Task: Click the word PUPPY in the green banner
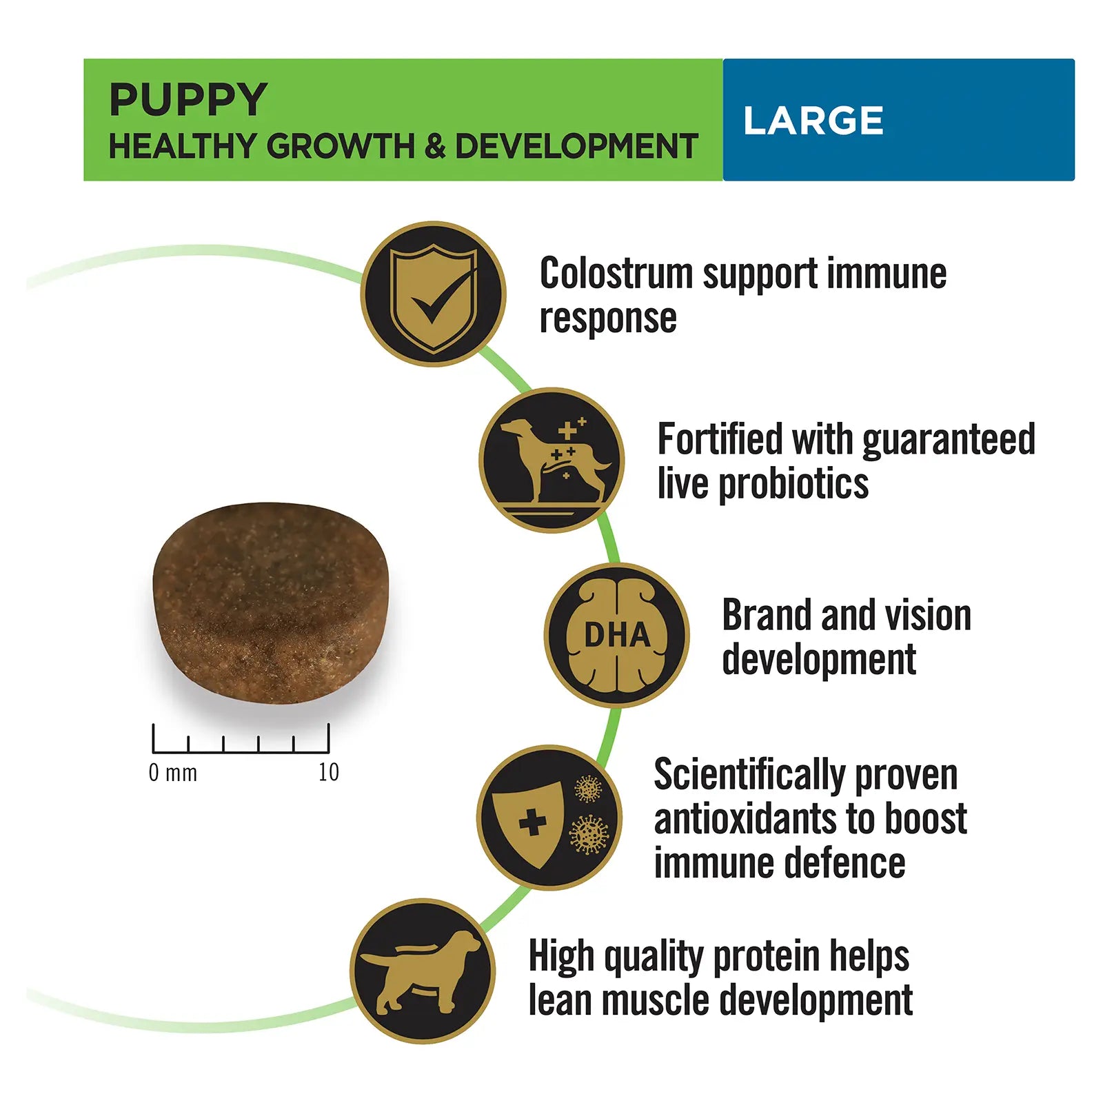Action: point(188,100)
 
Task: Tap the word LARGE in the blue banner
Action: point(813,121)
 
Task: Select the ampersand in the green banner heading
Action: point(435,146)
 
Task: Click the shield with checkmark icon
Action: point(433,294)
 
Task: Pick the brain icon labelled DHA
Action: point(616,635)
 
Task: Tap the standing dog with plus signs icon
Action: point(551,460)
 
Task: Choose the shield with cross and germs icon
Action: point(549,818)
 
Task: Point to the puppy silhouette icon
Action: point(422,971)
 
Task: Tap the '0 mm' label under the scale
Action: point(173,773)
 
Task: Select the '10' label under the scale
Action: point(328,773)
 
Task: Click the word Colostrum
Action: point(616,274)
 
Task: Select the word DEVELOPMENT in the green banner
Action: point(576,146)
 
